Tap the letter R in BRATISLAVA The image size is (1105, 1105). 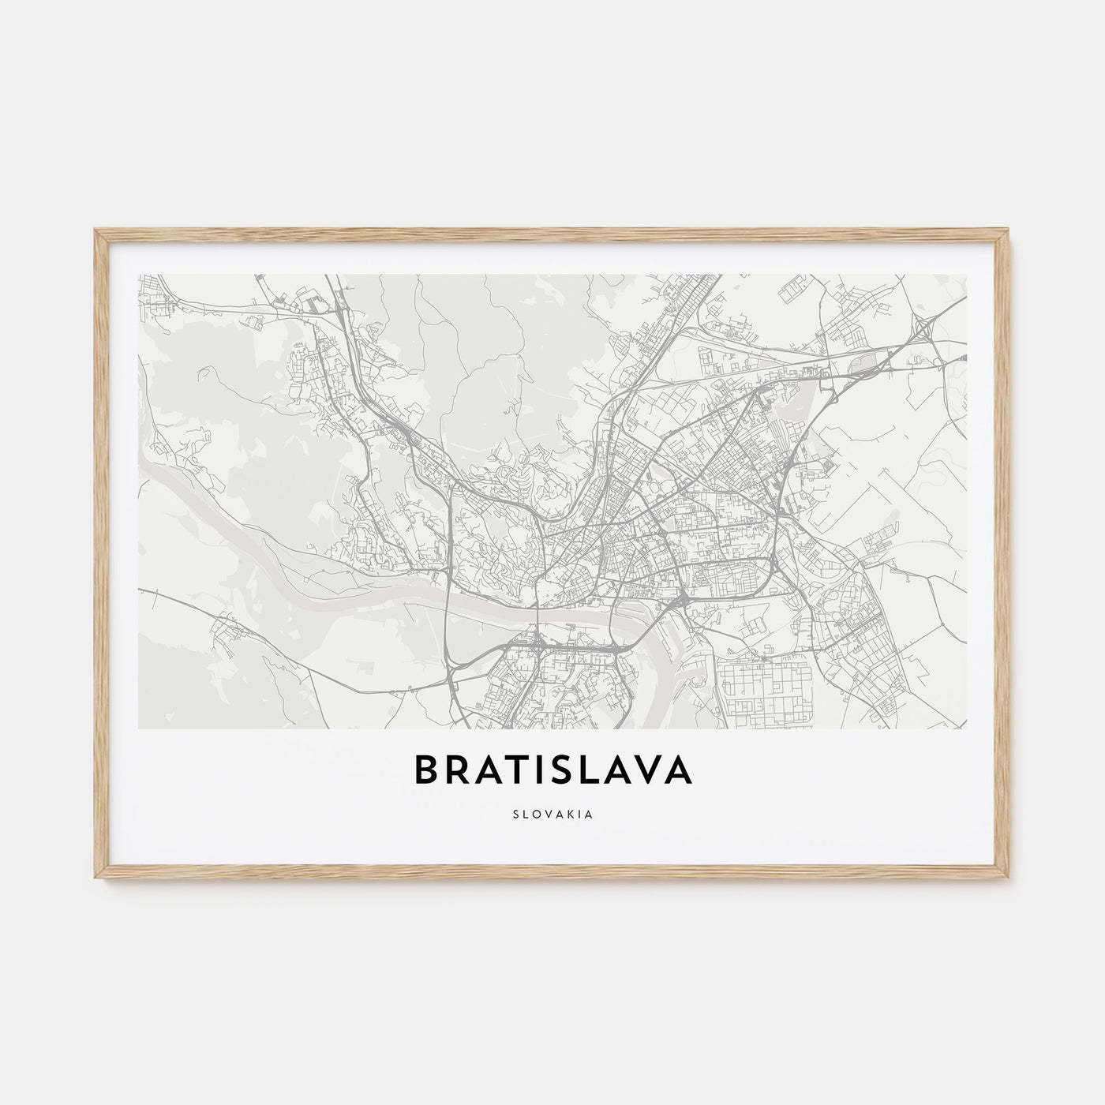tap(459, 771)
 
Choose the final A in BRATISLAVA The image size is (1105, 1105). tap(679, 771)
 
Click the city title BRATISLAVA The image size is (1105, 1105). tap(552, 771)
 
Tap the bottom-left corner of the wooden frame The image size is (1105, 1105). tap(96, 878)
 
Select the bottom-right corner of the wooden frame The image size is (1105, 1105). tap(1009, 878)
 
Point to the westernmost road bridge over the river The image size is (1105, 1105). tap(448, 601)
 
